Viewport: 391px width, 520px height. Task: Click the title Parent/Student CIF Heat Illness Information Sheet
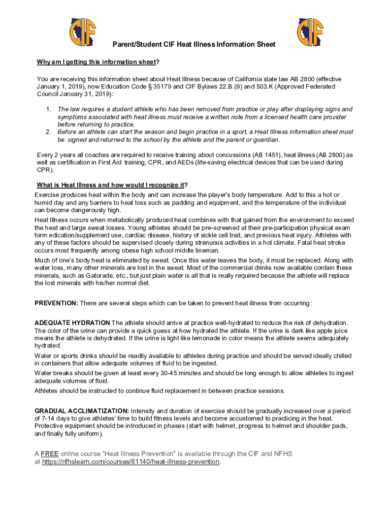click(195, 45)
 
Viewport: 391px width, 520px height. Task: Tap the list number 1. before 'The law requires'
click(48, 110)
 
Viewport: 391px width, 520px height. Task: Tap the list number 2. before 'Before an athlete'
click(48, 132)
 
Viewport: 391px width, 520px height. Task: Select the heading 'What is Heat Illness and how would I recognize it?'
click(115, 184)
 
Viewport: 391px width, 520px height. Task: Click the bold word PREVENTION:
click(56, 303)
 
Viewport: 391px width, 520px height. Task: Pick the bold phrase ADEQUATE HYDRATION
click(72, 323)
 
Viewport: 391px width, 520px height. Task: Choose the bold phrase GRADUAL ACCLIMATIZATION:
click(81, 411)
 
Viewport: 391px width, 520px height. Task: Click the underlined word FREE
click(50, 453)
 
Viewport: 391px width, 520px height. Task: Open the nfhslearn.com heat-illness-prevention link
click(131, 462)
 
